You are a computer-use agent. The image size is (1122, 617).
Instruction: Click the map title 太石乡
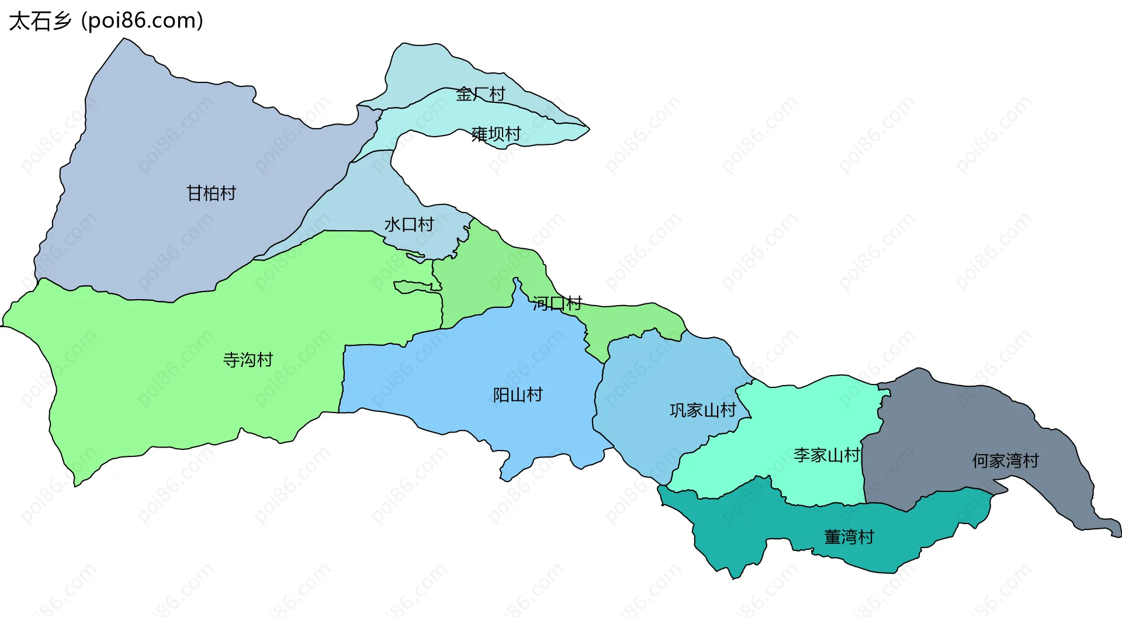click(x=40, y=21)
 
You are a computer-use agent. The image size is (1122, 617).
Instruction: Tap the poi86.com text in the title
click(x=142, y=21)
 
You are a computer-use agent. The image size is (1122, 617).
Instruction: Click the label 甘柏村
click(x=211, y=193)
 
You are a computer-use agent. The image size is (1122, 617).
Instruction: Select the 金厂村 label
click(x=480, y=94)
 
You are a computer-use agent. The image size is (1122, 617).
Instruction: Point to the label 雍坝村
click(x=496, y=134)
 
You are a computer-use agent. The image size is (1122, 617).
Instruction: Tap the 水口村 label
click(x=409, y=224)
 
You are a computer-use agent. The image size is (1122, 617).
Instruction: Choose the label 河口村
click(x=557, y=303)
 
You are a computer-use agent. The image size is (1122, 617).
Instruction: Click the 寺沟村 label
click(x=248, y=359)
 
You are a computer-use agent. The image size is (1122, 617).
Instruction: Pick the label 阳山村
click(x=518, y=395)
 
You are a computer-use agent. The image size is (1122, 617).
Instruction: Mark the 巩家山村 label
click(x=702, y=410)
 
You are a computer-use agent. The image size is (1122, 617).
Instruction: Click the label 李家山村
click(x=826, y=455)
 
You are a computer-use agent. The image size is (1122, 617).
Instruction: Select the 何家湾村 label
click(x=1005, y=461)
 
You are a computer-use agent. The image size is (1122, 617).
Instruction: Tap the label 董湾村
click(x=849, y=537)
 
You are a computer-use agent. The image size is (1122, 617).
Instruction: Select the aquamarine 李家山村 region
click(x=818, y=415)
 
